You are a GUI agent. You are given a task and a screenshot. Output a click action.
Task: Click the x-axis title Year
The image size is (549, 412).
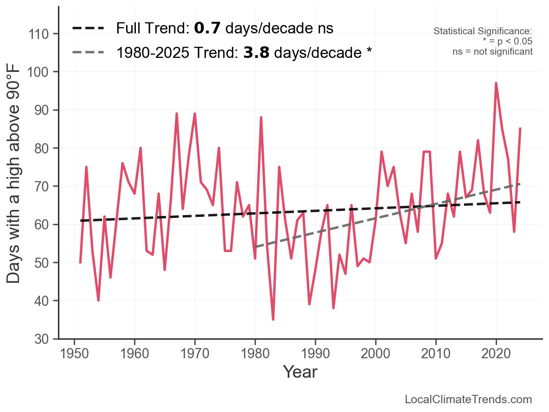(300, 372)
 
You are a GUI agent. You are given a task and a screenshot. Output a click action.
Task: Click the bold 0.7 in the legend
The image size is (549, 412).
(204, 28)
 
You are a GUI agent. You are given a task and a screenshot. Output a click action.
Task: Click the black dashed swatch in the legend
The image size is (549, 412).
(88, 28)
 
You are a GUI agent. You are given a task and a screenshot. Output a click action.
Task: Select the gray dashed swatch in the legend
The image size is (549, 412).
(88, 53)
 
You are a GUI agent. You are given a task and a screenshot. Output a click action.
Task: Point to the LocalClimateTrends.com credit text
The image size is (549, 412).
(468, 399)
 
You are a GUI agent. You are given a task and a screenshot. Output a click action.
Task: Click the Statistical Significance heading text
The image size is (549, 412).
(483, 31)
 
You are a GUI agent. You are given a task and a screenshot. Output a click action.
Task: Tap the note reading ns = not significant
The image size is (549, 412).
(492, 51)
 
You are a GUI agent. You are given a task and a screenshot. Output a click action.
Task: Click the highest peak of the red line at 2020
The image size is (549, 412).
(496, 83)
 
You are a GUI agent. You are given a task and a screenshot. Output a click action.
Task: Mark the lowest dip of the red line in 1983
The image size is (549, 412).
(273, 319)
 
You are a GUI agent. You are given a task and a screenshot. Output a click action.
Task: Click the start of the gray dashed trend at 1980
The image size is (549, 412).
(255, 247)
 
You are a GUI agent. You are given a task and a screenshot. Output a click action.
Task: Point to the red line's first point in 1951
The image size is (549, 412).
(80, 262)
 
